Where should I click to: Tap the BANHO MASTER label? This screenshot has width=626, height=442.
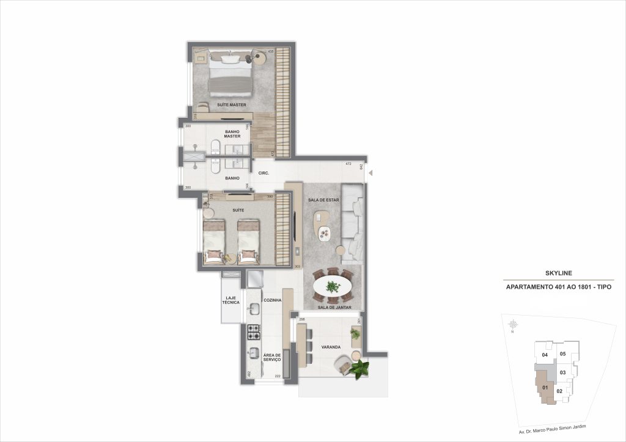tap(232, 134)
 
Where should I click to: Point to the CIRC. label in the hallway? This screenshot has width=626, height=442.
tap(264, 173)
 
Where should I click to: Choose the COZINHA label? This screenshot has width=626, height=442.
tap(272, 300)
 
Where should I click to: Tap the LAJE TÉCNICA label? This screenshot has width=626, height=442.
tap(232, 300)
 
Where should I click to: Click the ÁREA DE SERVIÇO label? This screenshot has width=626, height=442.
tap(271, 357)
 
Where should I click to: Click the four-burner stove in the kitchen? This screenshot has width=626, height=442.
tap(254, 333)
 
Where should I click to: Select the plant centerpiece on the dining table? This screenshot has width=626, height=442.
tap(333, 285)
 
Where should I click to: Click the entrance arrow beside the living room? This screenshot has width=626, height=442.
tap(369, 174)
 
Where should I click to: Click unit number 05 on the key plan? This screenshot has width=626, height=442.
tap(562, 353)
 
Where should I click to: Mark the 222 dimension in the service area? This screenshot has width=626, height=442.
tap(277, 377)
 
